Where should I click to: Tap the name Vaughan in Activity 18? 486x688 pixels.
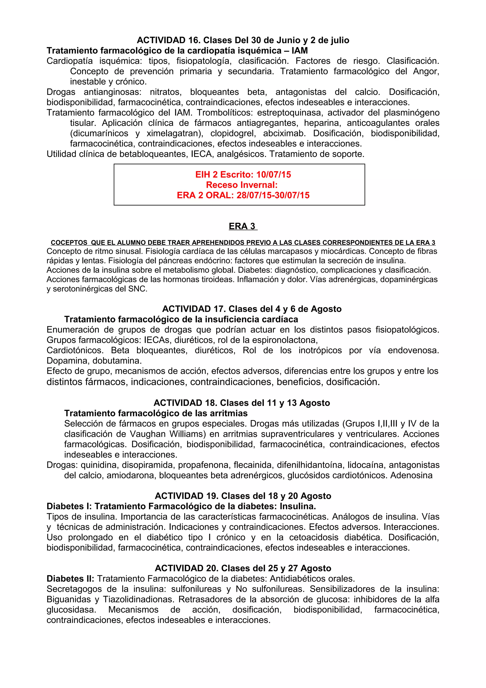pos(148,434)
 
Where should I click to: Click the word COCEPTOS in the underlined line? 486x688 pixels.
pos(69,243)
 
